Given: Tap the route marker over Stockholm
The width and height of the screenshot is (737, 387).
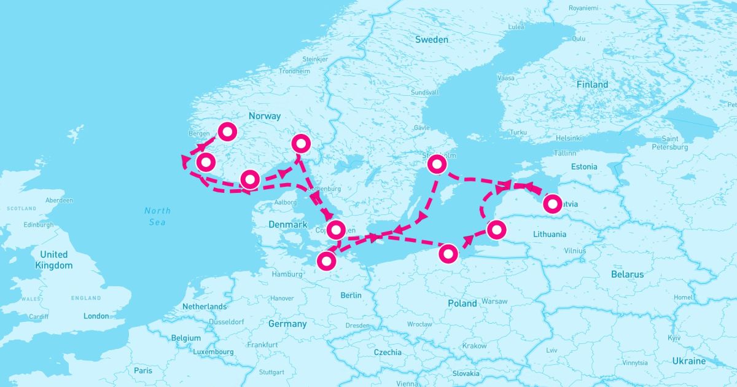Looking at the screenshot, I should [436, 164].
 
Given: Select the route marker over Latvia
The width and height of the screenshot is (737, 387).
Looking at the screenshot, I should [552, 203].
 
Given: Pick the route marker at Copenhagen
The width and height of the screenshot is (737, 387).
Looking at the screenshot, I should [336, 230].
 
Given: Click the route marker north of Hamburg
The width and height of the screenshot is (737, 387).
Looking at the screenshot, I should [326, 261].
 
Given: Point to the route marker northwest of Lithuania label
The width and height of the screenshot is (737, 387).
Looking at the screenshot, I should [496, 230].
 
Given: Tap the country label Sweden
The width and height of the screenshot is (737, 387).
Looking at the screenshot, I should [432, 39].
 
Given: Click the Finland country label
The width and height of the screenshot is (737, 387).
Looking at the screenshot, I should [592, 84].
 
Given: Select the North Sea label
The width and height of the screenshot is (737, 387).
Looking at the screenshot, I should [157, 216].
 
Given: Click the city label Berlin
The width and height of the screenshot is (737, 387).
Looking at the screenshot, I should [351, 295].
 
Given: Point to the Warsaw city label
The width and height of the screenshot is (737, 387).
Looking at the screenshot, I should [494, 302].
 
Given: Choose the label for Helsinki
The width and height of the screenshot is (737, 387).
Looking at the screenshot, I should [568, 138].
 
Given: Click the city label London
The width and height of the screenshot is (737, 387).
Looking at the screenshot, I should [96, 316].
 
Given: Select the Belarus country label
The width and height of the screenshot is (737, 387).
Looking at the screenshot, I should [627, 275].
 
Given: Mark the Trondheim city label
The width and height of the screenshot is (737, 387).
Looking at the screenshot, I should [294, 71].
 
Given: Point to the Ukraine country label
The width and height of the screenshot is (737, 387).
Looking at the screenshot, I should [688, 361].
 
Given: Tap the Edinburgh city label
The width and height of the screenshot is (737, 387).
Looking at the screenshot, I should [39, 225].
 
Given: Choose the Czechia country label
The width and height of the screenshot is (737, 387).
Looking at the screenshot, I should [388, 353].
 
